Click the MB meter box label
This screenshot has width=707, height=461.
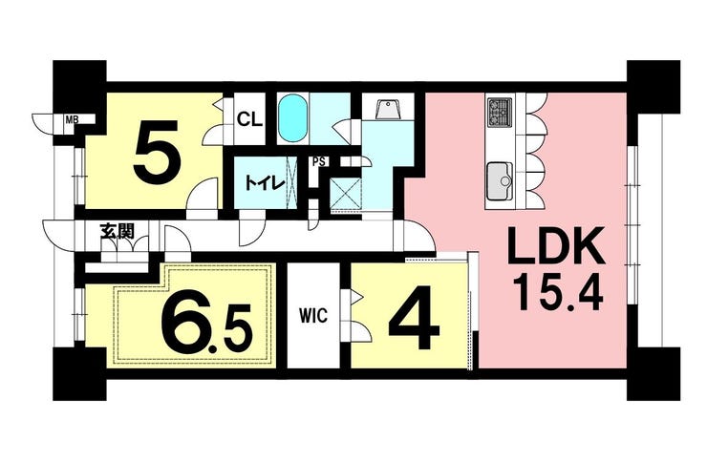pyautogui.click(x=71, y=120)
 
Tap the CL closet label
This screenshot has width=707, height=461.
pyautogui.click(x=249, y=119)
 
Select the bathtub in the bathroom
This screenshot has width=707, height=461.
pyautogui.click(x=292, y=118)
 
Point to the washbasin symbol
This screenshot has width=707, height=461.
pyautogui.click(x=388, y=110)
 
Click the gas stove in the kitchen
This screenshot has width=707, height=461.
pyautogui.click(x=499, y=112)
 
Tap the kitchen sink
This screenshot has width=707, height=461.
pyautogui.click(x=500, y=181)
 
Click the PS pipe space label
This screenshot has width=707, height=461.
pyautogui.click(x=319, y=161)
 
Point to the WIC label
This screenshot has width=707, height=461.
pyautogui.click(x=313, y=315)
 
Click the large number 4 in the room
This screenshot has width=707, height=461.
pyautogui.click(x=414, y=316)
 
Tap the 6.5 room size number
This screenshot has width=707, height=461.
pyautogui.click(x=206, y=318)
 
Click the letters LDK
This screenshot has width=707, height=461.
pyautogui.click(x=556, y=246)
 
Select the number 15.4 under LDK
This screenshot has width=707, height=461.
pyautogui.click(x=560, y=292)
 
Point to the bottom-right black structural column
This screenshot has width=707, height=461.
pyautogui.click(x=653, y=373)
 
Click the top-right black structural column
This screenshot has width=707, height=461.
pyautogui.click(x=653, y=87)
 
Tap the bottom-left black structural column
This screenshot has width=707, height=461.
pyautogui.click(x=79, y=373)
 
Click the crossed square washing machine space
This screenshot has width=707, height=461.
pyautogui.click(x=346, y=194)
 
